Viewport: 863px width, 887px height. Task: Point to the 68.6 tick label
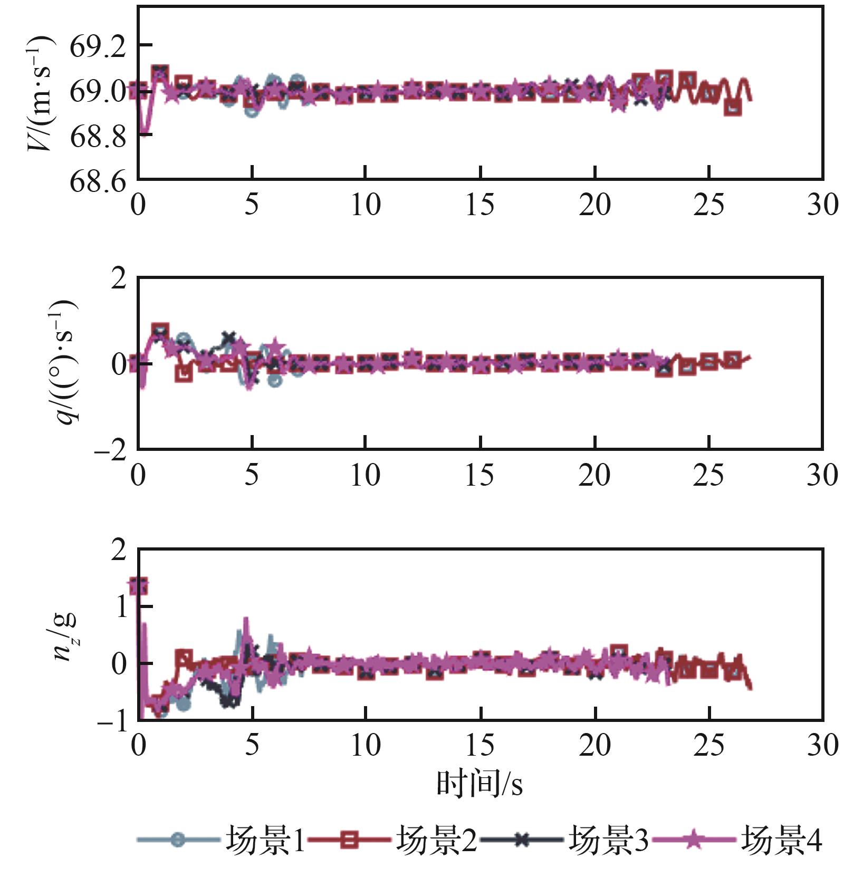(98, 181)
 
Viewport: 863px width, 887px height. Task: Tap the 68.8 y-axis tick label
(98, 137)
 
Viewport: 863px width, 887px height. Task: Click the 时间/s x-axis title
(480, 784)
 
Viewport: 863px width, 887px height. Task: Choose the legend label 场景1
(265, 840)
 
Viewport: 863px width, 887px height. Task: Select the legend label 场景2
(436, 840)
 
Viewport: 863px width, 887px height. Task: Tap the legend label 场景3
(608, 840)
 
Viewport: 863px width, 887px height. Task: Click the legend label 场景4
(781, 840)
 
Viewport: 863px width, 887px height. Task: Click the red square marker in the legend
(349, 840)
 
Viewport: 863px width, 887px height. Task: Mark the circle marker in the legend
(178, 840)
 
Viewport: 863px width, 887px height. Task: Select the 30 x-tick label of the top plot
(822, 205)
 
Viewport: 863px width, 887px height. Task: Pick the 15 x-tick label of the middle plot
(480, 475)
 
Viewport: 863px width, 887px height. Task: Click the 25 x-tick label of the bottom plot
(708, 745)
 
